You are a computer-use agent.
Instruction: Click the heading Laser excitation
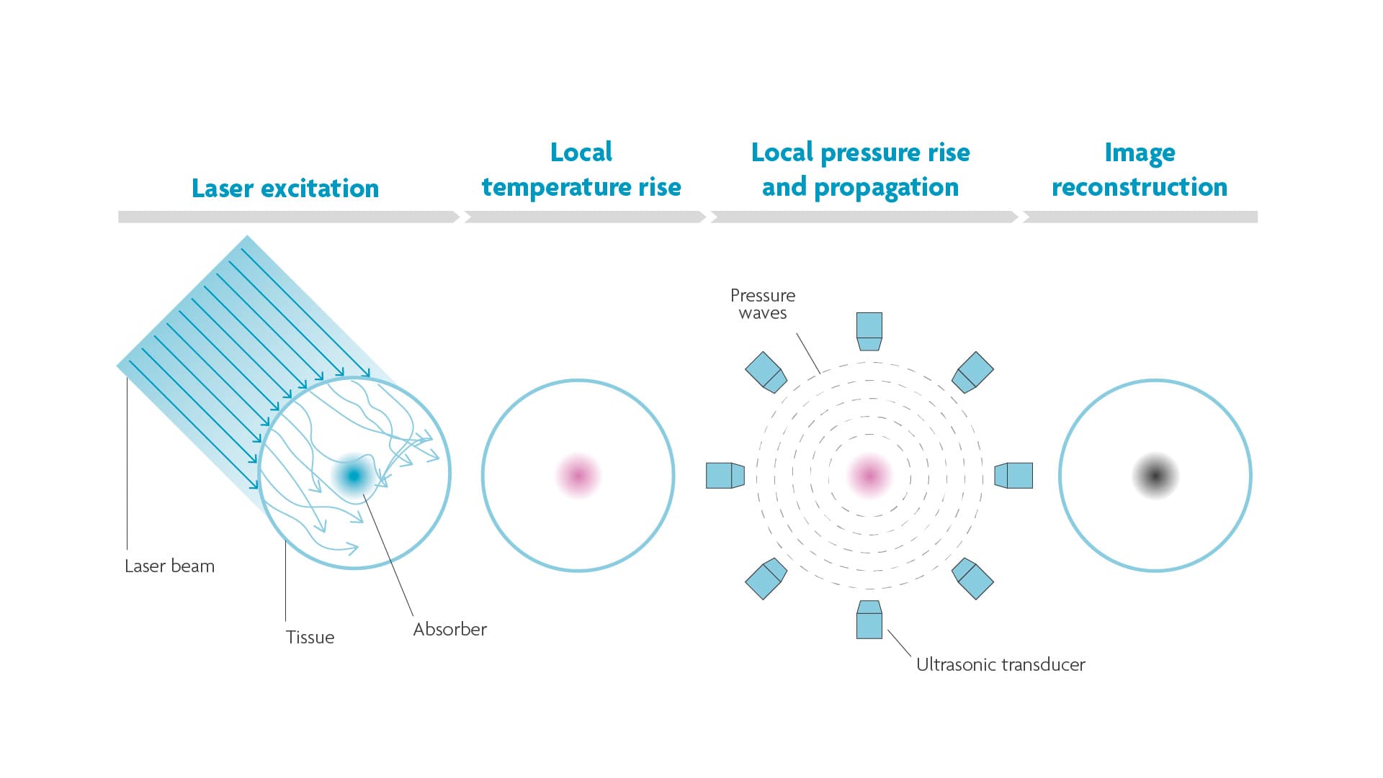[x=285, y=189]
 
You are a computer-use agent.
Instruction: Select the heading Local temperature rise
[x=581, y=170]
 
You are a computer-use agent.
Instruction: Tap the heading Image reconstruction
[x=1140, y=170]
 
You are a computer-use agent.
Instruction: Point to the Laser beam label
[x=169, y=566]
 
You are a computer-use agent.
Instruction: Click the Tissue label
[x=310, y=638]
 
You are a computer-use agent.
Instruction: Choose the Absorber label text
[x=449, y=630]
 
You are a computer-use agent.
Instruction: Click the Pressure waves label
[x=763, y=304]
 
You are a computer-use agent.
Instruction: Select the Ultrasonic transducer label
[x=1001, y=665]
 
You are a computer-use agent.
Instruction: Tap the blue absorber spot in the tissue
[x=354, y=476]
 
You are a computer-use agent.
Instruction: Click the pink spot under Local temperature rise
[x=578, y=476]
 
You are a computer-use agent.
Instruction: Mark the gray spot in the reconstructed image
[x=1155, y=476]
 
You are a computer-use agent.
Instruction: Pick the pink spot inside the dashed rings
[x=869, y=476]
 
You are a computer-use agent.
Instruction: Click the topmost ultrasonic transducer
[x=869, y=331]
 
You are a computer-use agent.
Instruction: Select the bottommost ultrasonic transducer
[x=869, y=620]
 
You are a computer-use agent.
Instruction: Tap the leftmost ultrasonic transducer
[x=725, y=476]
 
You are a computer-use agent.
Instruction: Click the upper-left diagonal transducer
[x=765, y=372]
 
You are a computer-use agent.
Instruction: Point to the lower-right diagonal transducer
[x=973, y=579]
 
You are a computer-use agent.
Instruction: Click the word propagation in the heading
[x=886, y=188]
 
